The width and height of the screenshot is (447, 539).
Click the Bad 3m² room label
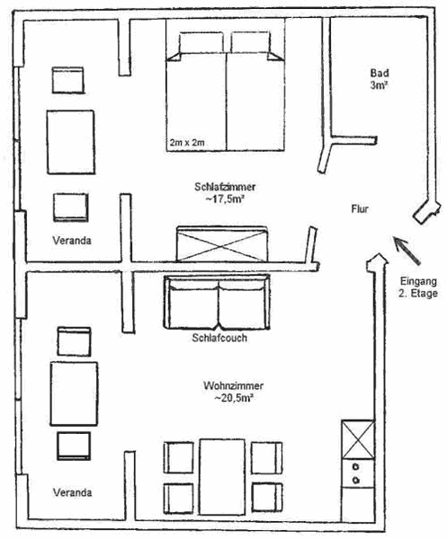[380, 79]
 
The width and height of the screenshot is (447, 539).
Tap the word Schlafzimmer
[225, 187]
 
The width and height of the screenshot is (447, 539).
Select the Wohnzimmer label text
[233, 385]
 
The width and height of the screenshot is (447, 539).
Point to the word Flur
[360, 208]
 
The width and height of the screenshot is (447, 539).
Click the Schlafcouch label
[219, 338]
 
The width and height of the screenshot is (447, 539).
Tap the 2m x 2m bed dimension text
[187, 142]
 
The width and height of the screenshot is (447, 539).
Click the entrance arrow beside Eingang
[406, 250]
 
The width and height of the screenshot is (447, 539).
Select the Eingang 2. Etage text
[418, 287]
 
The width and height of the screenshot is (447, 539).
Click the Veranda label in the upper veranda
[72, 240]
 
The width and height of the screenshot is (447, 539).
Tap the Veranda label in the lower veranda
[72, 492]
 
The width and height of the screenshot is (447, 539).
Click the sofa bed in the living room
[217, 302]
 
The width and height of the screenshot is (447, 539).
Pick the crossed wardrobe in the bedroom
[222, 244]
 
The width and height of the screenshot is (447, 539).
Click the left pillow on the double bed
[201, 42]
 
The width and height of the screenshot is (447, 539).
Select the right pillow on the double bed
[250, 42]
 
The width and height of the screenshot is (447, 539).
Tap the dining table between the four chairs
[222, 477]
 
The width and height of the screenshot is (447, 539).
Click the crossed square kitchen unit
[358, 439]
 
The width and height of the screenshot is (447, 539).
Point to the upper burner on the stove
[356, 467]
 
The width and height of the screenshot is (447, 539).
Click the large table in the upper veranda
[71, 142]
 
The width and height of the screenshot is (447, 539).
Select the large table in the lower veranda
[74, 393]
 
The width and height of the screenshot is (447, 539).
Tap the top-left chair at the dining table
[179, 457]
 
